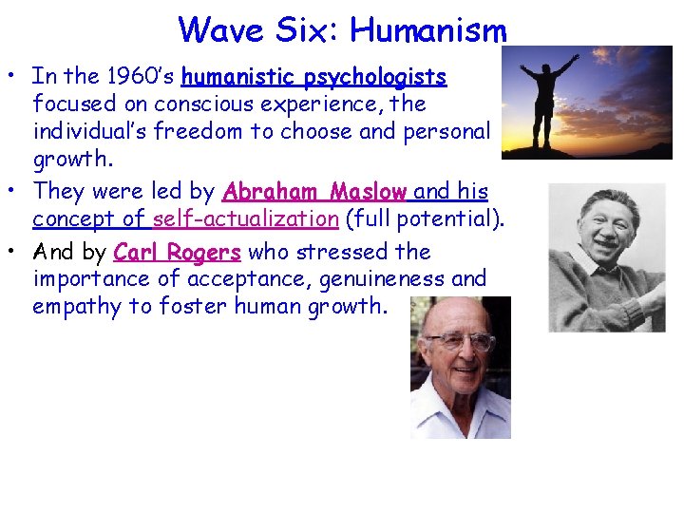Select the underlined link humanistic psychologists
pyautogui.click(x=314, y=76)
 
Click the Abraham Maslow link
pyautogui.click(x=314, y=192)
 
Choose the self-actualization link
pyautogui.click(x=245, y=219)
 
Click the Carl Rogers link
pyautogui.click(x=178, y=253)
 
